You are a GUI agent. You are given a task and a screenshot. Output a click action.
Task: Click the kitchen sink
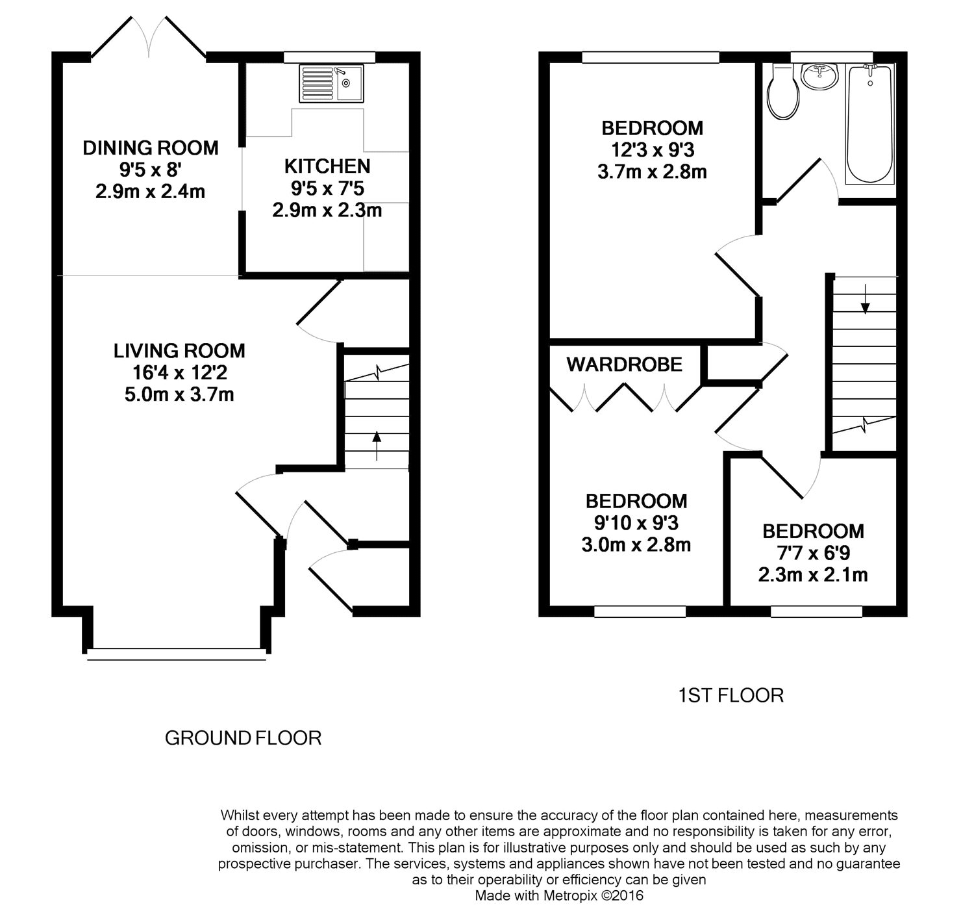coord(331,83)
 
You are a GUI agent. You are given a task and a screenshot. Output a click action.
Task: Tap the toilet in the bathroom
coord(783,92)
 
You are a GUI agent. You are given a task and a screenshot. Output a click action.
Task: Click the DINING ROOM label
coord(151,147)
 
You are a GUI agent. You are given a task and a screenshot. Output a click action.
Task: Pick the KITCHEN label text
coord(327,166)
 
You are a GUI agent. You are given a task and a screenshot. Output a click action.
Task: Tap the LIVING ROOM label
coord(179,350)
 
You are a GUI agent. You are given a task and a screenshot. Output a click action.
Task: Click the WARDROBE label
coord(624,365)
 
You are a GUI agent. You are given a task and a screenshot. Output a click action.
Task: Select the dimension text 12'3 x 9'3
coord(653,149)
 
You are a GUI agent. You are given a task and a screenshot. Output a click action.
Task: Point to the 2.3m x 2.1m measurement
coord(813,575)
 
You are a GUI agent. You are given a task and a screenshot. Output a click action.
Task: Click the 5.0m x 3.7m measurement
coord(179,394)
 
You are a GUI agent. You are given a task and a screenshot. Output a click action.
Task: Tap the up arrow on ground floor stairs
coord(377,446)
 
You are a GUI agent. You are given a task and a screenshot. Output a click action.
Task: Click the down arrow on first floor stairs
coord(865,298)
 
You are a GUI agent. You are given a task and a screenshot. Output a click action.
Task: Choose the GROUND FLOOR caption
coord(243,737)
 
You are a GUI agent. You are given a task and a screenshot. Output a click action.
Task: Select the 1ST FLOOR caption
coord(730,695)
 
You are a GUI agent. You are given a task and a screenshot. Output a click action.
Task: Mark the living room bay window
coord(177,654)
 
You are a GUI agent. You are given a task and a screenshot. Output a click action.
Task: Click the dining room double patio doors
coord(149,37)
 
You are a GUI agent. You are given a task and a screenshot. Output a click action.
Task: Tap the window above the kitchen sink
coord(329,57)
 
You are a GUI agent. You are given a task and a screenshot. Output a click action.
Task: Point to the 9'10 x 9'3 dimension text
coord(636,523)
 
